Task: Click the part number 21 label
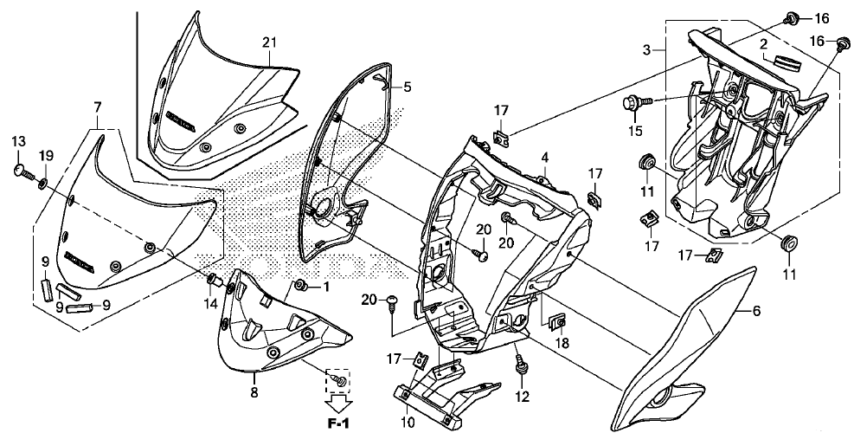269,42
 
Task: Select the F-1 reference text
337,423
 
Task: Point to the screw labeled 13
24,172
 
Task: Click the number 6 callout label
756,311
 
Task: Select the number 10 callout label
408,422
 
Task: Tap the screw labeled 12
521,365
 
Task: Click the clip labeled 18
558,323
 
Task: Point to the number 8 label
254,392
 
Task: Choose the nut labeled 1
299,285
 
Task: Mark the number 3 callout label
646,50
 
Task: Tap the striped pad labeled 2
781,62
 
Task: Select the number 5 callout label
408,87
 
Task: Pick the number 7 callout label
98,107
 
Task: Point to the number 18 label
562,343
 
